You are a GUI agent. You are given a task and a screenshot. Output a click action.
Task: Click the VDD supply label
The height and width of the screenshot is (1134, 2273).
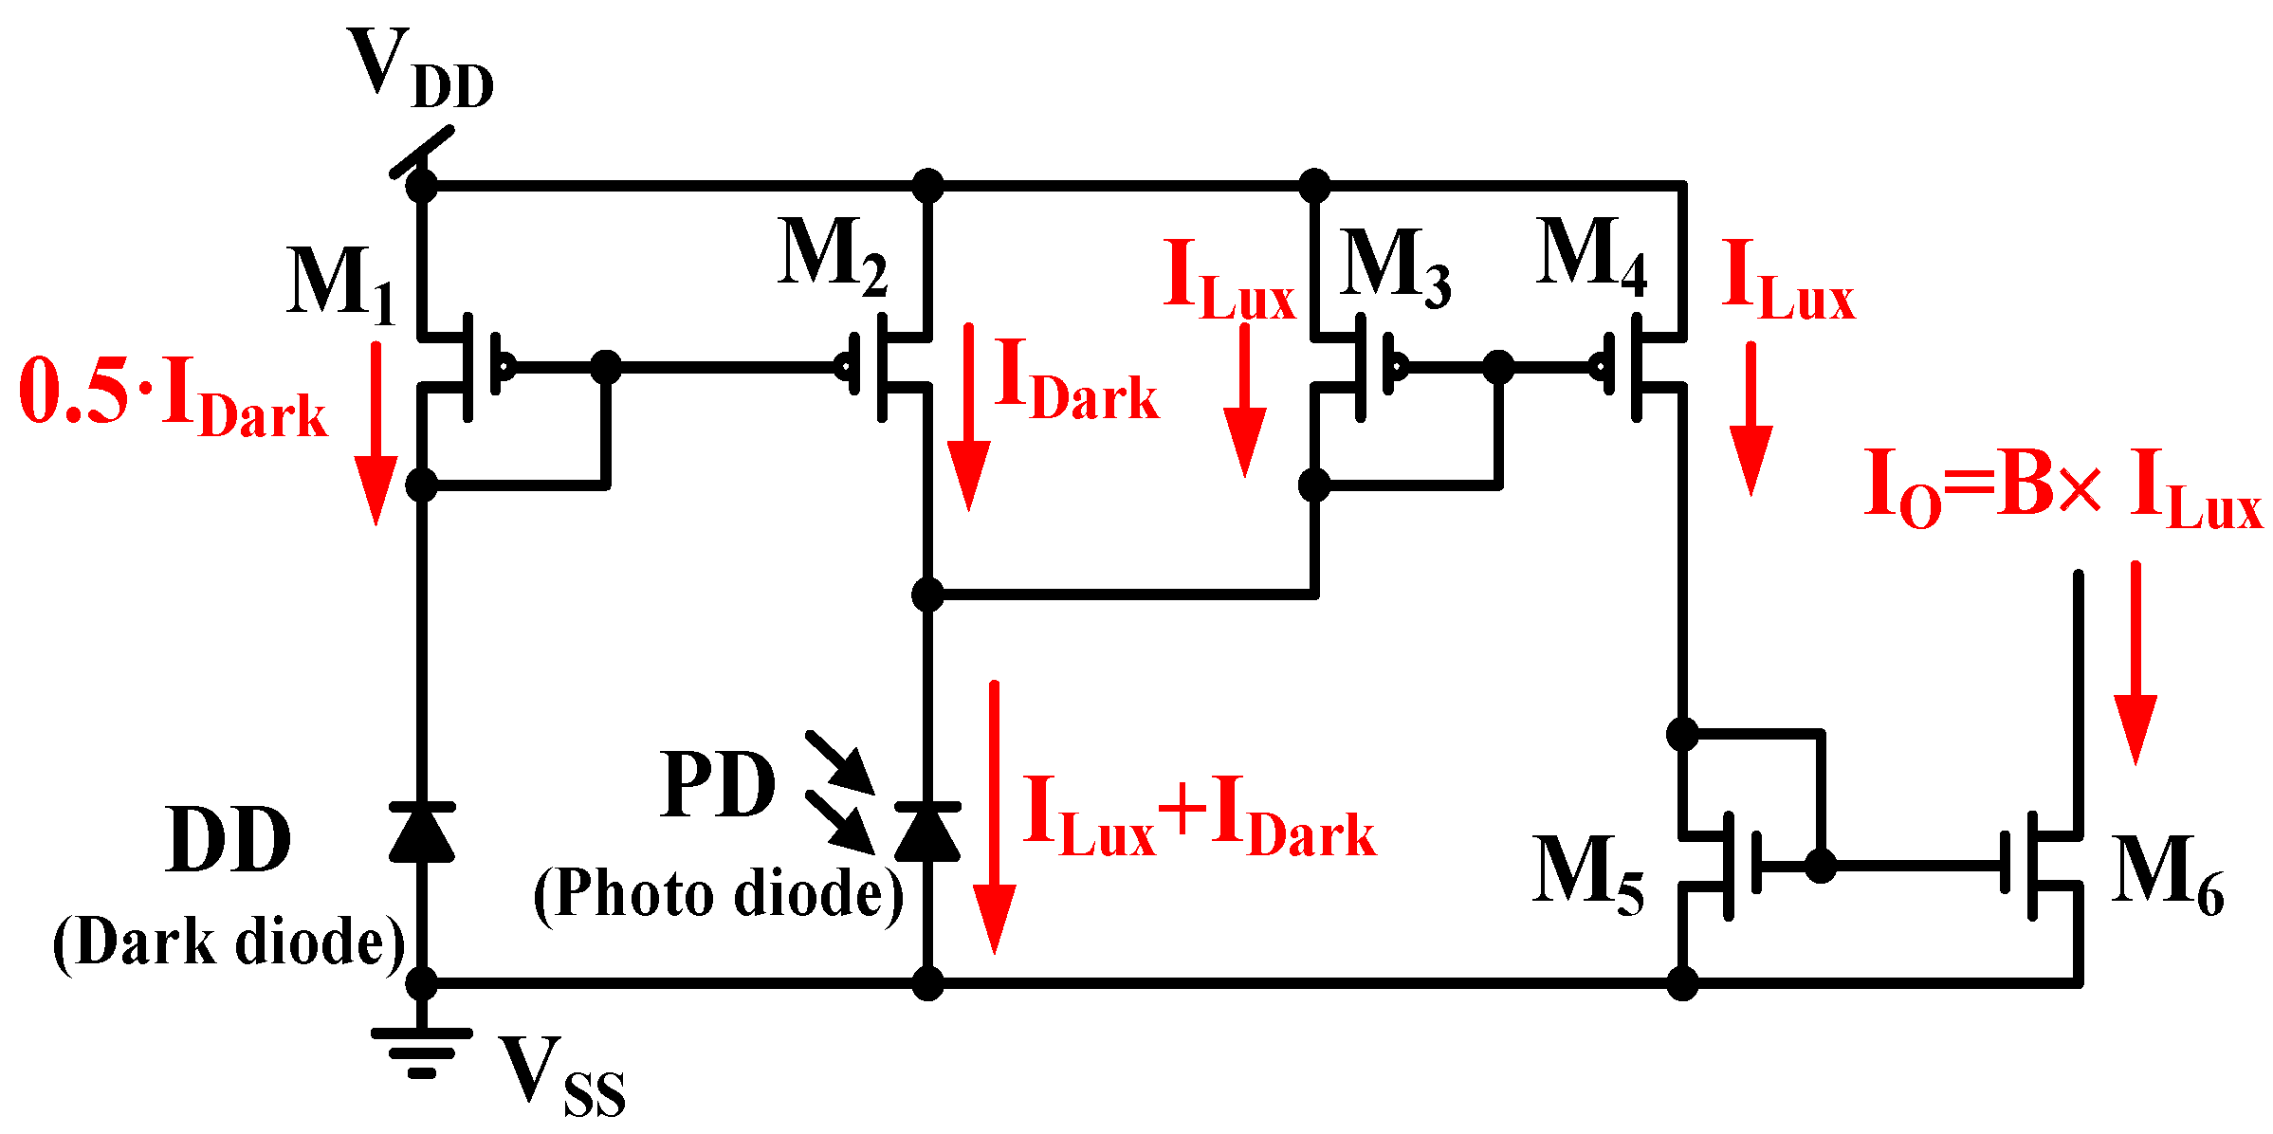[x=420, y=68]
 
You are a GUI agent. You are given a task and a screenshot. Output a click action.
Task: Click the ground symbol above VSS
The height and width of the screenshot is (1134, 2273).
[x=422, y=1052]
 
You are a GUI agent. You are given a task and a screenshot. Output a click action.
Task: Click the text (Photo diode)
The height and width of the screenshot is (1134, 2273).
[x=718, y=894]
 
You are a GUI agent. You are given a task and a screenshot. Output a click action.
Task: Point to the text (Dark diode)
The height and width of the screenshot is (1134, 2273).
[x=229, y=942]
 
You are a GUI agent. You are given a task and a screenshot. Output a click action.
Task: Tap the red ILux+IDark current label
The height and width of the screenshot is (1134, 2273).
[x=1199, y=816]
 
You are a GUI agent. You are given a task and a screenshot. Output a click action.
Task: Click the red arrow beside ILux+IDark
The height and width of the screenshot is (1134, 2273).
[x=994, y=815]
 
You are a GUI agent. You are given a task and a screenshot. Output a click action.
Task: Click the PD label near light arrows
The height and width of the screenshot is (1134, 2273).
[x=718, y=785]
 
